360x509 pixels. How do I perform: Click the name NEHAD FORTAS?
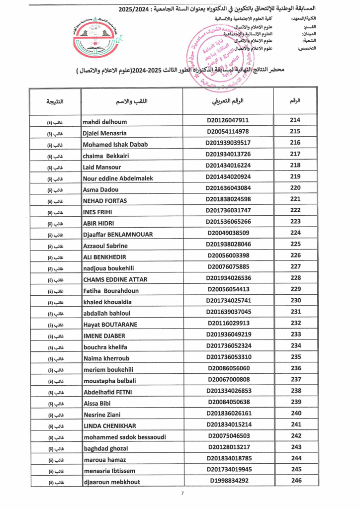pyautogui.click(x=104, y=200)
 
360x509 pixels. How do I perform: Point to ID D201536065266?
pyautogui.click(x=228, y=222)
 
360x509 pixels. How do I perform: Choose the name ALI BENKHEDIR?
pyautogui.click(x=104, y=256)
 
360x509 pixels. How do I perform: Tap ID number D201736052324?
pyautogui.click(x=228, y=346)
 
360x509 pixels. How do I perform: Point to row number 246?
pyautogui.click(x=295, y=480)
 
